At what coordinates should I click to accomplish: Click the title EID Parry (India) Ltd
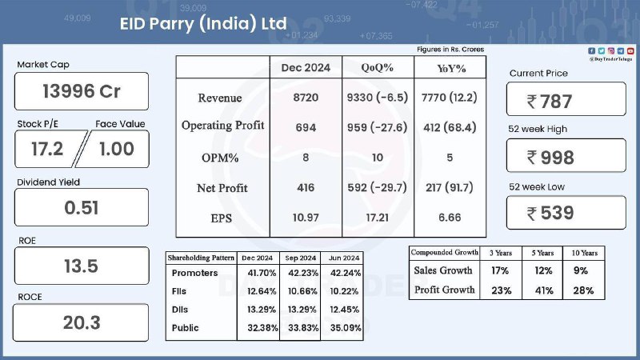(203, 24)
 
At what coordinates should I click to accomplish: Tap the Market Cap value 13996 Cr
(82, 91)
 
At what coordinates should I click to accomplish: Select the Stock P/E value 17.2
(47, 149)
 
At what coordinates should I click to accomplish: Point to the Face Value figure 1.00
(117, 149)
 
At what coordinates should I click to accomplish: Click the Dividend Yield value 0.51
(82, 208)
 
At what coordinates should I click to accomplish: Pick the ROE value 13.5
(82, 266)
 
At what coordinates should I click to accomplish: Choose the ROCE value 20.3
(82, 323)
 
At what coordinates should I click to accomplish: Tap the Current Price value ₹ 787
(550, 102)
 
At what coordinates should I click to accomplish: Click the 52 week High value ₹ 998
(550, 158)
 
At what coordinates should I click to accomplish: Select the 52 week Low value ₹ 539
(550, 213)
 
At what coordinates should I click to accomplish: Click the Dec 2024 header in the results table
(306, 68)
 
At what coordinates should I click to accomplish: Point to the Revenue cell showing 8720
(306, 98)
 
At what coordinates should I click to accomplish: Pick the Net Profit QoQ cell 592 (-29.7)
(377, 187)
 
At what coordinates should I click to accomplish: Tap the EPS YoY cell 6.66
(450, 218)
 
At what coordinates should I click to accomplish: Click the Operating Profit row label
(223, 126)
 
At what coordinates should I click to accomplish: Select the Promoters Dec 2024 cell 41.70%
(262, 273)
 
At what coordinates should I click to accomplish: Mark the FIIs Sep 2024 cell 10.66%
(302, 291)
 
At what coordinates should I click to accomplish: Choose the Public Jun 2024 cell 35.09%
(346, 328)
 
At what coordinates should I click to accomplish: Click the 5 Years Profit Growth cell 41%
(544, 290)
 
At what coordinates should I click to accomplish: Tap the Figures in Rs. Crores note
(450, 50)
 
